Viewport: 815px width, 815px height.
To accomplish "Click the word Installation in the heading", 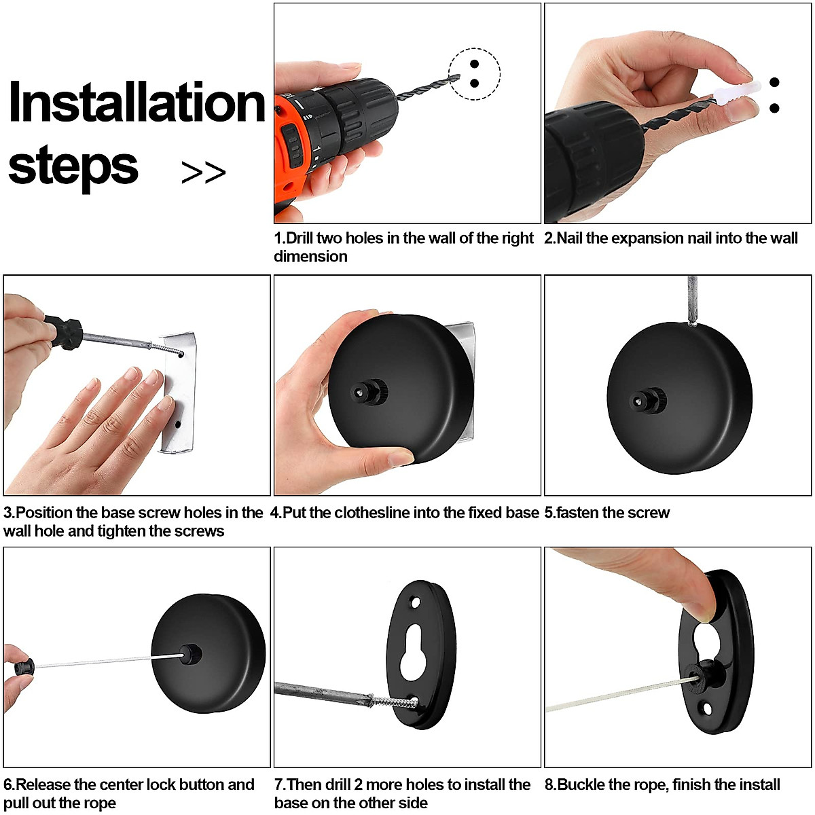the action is (137, 102).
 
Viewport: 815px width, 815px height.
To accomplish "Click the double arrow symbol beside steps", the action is (204, 172).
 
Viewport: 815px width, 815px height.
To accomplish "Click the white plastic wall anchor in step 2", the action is (737, 92).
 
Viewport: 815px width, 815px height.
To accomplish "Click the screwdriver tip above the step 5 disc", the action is (692, 301).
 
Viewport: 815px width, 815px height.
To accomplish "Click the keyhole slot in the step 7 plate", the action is (412, 652).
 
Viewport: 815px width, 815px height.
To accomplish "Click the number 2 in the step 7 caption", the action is (358, 784).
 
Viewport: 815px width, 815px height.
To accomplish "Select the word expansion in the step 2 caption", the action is (648, 239).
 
